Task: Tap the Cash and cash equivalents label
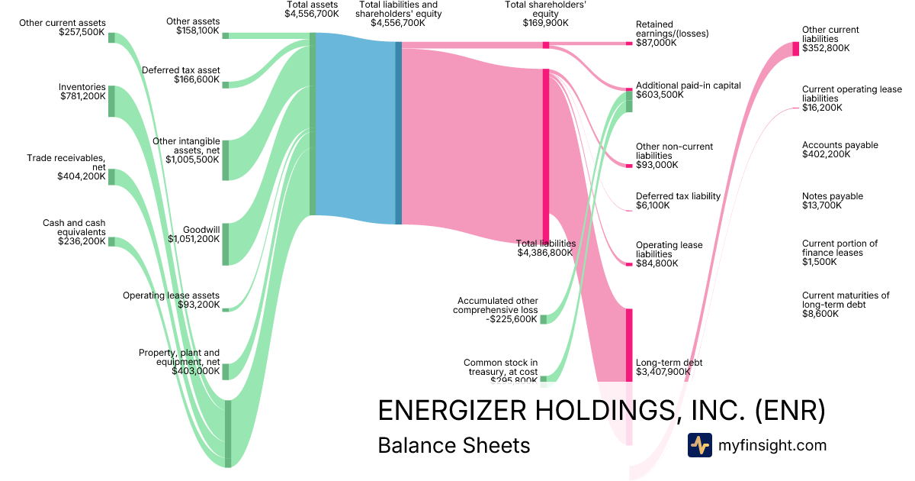(74, 231)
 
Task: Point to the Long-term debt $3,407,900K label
(669, 368)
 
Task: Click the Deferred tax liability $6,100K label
(677, 201)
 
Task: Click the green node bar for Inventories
(111, 101)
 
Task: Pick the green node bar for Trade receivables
(111, 176)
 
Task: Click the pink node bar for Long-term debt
(629, 344)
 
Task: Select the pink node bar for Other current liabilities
(795, 48)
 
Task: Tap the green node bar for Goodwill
(225, 244)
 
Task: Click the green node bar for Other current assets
(111, 37)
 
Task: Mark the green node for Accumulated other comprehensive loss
(543, 319)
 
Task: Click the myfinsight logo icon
(699, 445)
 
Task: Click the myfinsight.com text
(772, 445)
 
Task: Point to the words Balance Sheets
(454, 445)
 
